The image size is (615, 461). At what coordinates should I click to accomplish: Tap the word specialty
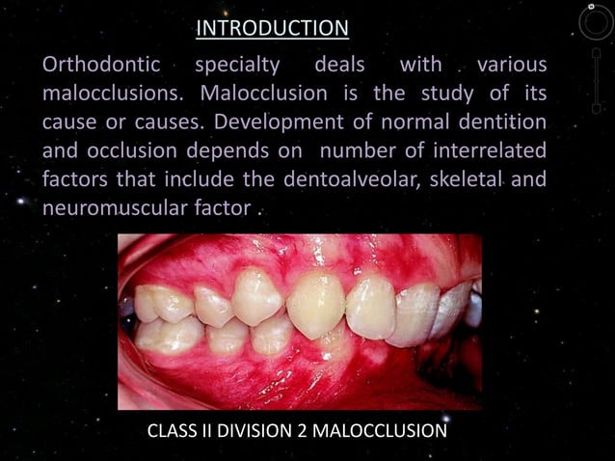237,67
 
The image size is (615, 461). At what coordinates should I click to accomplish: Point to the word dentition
498,122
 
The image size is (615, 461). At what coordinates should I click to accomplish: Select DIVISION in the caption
254,430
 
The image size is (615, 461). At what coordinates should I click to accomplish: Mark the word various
511,67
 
